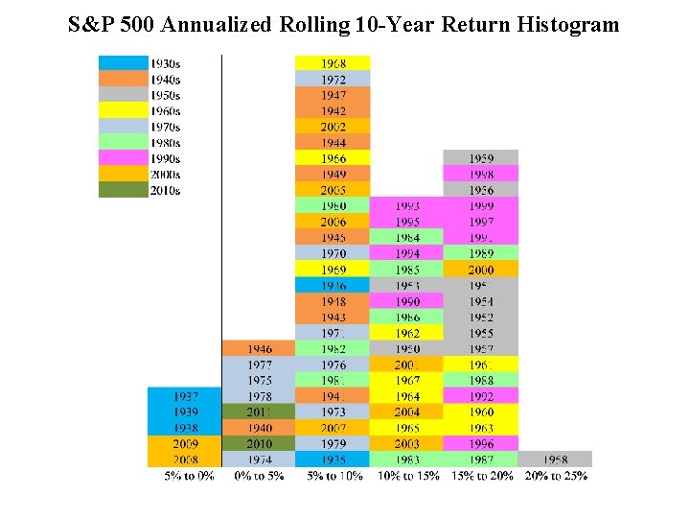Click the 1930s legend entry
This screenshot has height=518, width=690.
point(139,63)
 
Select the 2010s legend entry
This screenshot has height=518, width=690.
point(139,190)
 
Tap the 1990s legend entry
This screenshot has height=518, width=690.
point(139,158)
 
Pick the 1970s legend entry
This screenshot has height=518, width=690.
point(139,127)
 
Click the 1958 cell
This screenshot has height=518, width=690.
point(555,459)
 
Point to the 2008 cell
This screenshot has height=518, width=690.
point(185,459)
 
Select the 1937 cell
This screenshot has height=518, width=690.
point(185,396)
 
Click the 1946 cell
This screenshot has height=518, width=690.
point(259,348)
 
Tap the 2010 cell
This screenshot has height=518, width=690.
point(259,443)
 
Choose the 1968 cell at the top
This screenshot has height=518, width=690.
point(333,63)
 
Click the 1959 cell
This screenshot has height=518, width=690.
point(481,158)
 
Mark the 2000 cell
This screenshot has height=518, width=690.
point(481,270)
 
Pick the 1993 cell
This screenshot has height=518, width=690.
point(407,205)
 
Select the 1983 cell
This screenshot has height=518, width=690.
point(407,459)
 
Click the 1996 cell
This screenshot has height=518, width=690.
point(481,443)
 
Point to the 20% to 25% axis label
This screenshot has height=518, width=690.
point(557,475)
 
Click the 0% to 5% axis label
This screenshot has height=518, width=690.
point(259,475)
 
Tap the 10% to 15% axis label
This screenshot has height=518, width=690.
point(407,475)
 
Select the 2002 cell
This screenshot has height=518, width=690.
point(333,127)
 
